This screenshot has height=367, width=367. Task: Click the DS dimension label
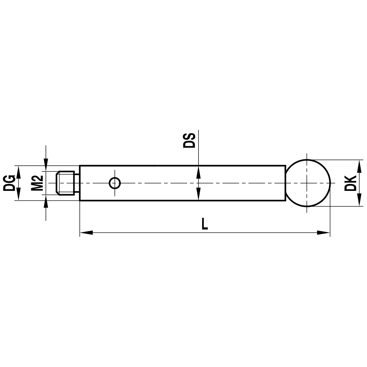189,141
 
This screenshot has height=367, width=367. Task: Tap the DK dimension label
351,183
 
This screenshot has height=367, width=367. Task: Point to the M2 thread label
37,183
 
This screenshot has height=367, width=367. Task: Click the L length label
205,224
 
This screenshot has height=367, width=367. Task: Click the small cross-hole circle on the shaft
115,183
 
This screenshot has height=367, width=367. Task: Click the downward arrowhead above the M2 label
46,165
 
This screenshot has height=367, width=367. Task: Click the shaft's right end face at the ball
285,183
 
